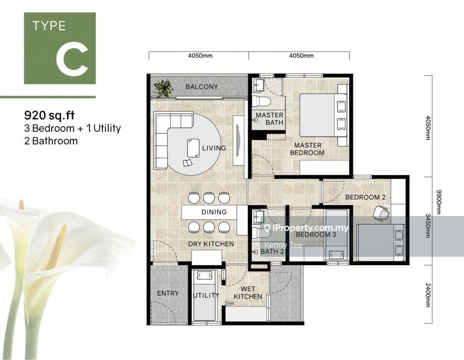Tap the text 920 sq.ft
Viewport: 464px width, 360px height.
pyautogui.click(x=49, y=115)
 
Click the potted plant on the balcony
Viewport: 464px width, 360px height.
pyautogui.click(x=163, y=87)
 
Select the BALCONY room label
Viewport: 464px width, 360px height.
pyautogui.click(x=202, y=86)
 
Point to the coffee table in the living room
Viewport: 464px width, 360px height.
pyautogui.click(x=193, y=148)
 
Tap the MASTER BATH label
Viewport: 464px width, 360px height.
pyautogui.click(x=270, y=119)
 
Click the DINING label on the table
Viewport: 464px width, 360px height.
pyautogui.click(x=214, y=212)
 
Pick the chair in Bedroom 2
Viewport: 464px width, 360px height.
pyautogui.click(x=381, y=213)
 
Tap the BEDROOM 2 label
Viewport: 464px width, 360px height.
pyautogui.click(x=366, y=197)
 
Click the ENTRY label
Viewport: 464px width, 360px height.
pyautogui.click(x=168, y=293)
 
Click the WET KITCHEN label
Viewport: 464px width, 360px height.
pyautogui.click(x=248, y=293)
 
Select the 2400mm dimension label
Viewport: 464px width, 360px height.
pyautogui.click(x=428, y=295)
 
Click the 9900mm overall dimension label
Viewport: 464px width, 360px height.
pyautogui.click(x=439, y=202)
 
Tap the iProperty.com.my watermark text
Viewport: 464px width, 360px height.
pyautogui.click(x=306, y=228)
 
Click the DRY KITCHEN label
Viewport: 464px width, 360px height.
pyautogui.click(x=211, y=244)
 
